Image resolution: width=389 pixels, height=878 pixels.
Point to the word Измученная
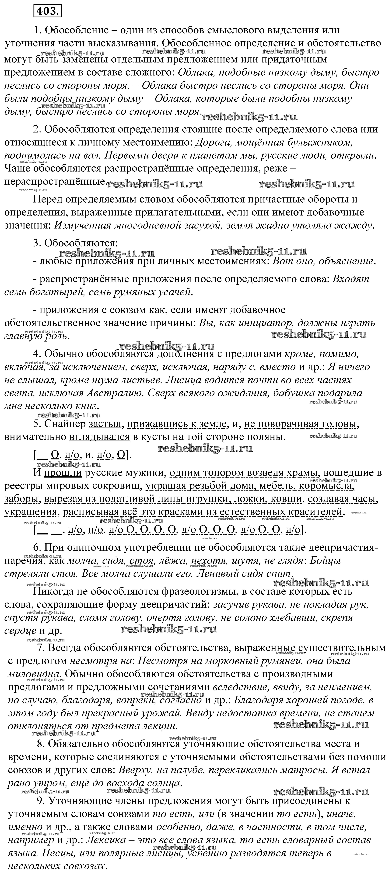coord(84,225)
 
